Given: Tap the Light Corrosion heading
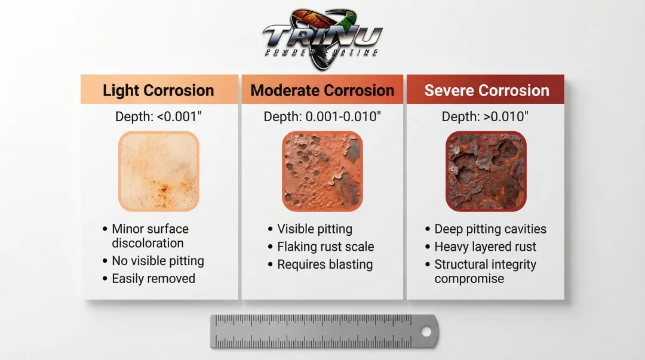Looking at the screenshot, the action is pyautogui.click(x=158, y=91).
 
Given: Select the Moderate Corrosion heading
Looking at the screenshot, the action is pyautogui.click(x=322, y=91).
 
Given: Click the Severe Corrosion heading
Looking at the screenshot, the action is pyautogui.click(x=487, y=91).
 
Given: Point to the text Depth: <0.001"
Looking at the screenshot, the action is pyautogui.click(x=158, y=116).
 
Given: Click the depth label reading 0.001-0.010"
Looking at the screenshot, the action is pyautogui.click(x=322, y=116).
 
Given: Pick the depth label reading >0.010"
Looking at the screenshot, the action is pyautogui.click(x=485, y=116).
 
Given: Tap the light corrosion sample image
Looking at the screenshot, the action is pyautogui.click(x=159, y=171).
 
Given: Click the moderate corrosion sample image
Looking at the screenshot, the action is pyautogui.click(x=322, y=171).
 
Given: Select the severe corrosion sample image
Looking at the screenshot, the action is pyautogui.click(x=486, y=171).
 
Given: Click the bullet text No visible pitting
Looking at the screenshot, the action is pyautogui.click(x=158, y=261).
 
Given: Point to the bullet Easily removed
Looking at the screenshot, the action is pyautogui.click(x=153, y=279).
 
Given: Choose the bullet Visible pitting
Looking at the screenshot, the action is pyautogui.click(x=315, y=229).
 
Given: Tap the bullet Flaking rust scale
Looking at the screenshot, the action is pyautogui.click(x=326, y=247).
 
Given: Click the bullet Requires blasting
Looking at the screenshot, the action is pyautogui.click(x=325, y=264).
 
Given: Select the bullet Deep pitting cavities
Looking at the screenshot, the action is pyautogui.click(x=490, y=229).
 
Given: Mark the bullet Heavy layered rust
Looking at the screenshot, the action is pyautogui.click(x=486, y=247).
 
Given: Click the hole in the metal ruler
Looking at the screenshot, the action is pyautogui.click(x=426, y=331).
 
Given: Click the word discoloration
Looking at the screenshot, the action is pyautogui.click(x=148, y=243).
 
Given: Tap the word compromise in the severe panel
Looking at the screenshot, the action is pyautogui.click(x=469, y=279).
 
